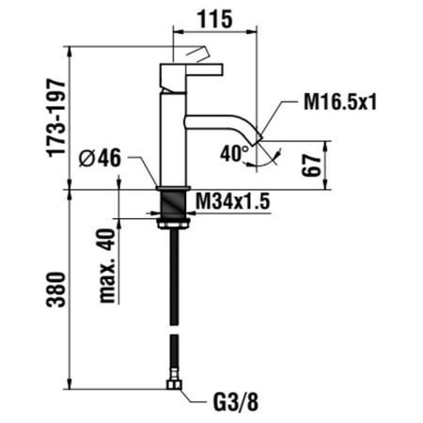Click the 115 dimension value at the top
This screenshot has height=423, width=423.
point(215,19)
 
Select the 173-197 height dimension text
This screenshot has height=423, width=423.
point(56,118)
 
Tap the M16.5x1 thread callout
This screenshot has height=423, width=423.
point(340,102)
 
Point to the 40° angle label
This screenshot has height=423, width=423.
point(234,154)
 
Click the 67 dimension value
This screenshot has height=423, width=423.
point(311,165)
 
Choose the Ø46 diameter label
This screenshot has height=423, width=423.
point(100,158)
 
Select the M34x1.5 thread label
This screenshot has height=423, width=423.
point(232,201)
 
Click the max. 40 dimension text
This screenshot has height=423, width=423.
point(107,266)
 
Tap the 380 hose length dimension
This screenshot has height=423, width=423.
point(56,290)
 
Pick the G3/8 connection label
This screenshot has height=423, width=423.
point(236,402)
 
